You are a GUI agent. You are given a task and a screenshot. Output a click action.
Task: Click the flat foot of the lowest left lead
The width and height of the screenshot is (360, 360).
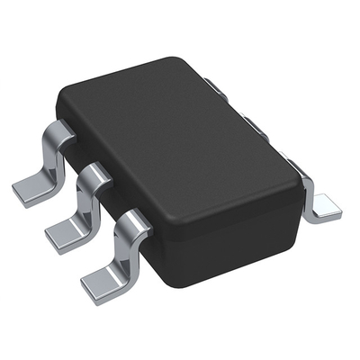99,287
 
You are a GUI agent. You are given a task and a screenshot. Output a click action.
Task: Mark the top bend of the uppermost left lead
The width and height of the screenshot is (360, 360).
57,136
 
